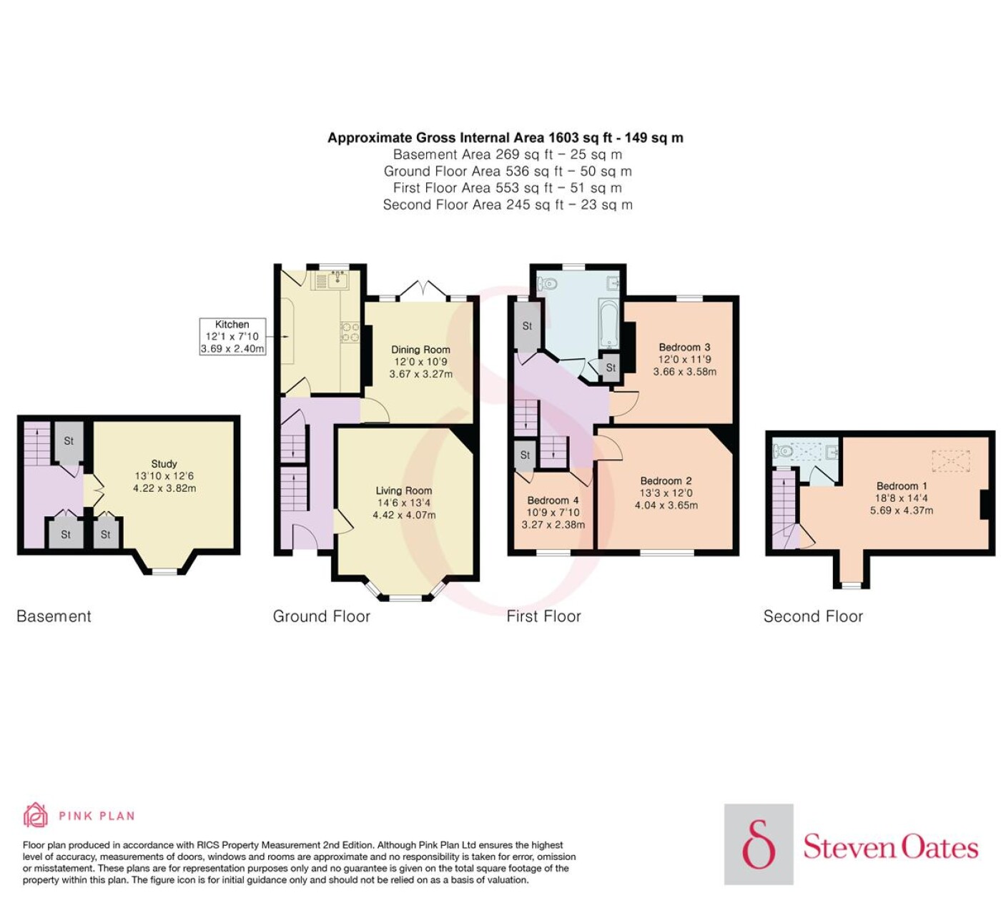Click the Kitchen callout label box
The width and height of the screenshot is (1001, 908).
click(x=232, y=337)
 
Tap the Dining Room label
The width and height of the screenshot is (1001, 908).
click(x=420, y=350)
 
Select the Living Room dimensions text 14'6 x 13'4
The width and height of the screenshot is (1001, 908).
click(x=404, y=503)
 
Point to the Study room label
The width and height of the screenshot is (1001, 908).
click(x=164, y=464)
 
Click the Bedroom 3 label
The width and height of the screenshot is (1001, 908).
click(x=684, y=347)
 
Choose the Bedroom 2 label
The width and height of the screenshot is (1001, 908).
click(x=666, y=480)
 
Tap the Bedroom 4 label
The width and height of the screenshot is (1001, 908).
click(x=553, y=500)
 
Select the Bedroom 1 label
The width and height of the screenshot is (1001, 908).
click(x=901, y=485)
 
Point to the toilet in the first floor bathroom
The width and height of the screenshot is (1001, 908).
click(x=547, y=284)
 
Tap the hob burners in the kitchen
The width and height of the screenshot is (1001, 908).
click(x=350, y=332)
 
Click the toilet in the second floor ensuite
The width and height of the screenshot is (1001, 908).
click(x=782, y=452)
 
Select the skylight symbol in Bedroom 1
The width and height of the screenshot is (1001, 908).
click(x=951, y=460)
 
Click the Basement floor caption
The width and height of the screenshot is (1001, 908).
click(x=54, y=616)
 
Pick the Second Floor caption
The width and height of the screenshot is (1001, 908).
click(x=813, y=616)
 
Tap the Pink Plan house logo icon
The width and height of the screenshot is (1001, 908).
click(x=36, y=815)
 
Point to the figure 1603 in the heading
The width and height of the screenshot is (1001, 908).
click(x=566, y=138)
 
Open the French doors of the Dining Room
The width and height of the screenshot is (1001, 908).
click(x=424, y=290)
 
